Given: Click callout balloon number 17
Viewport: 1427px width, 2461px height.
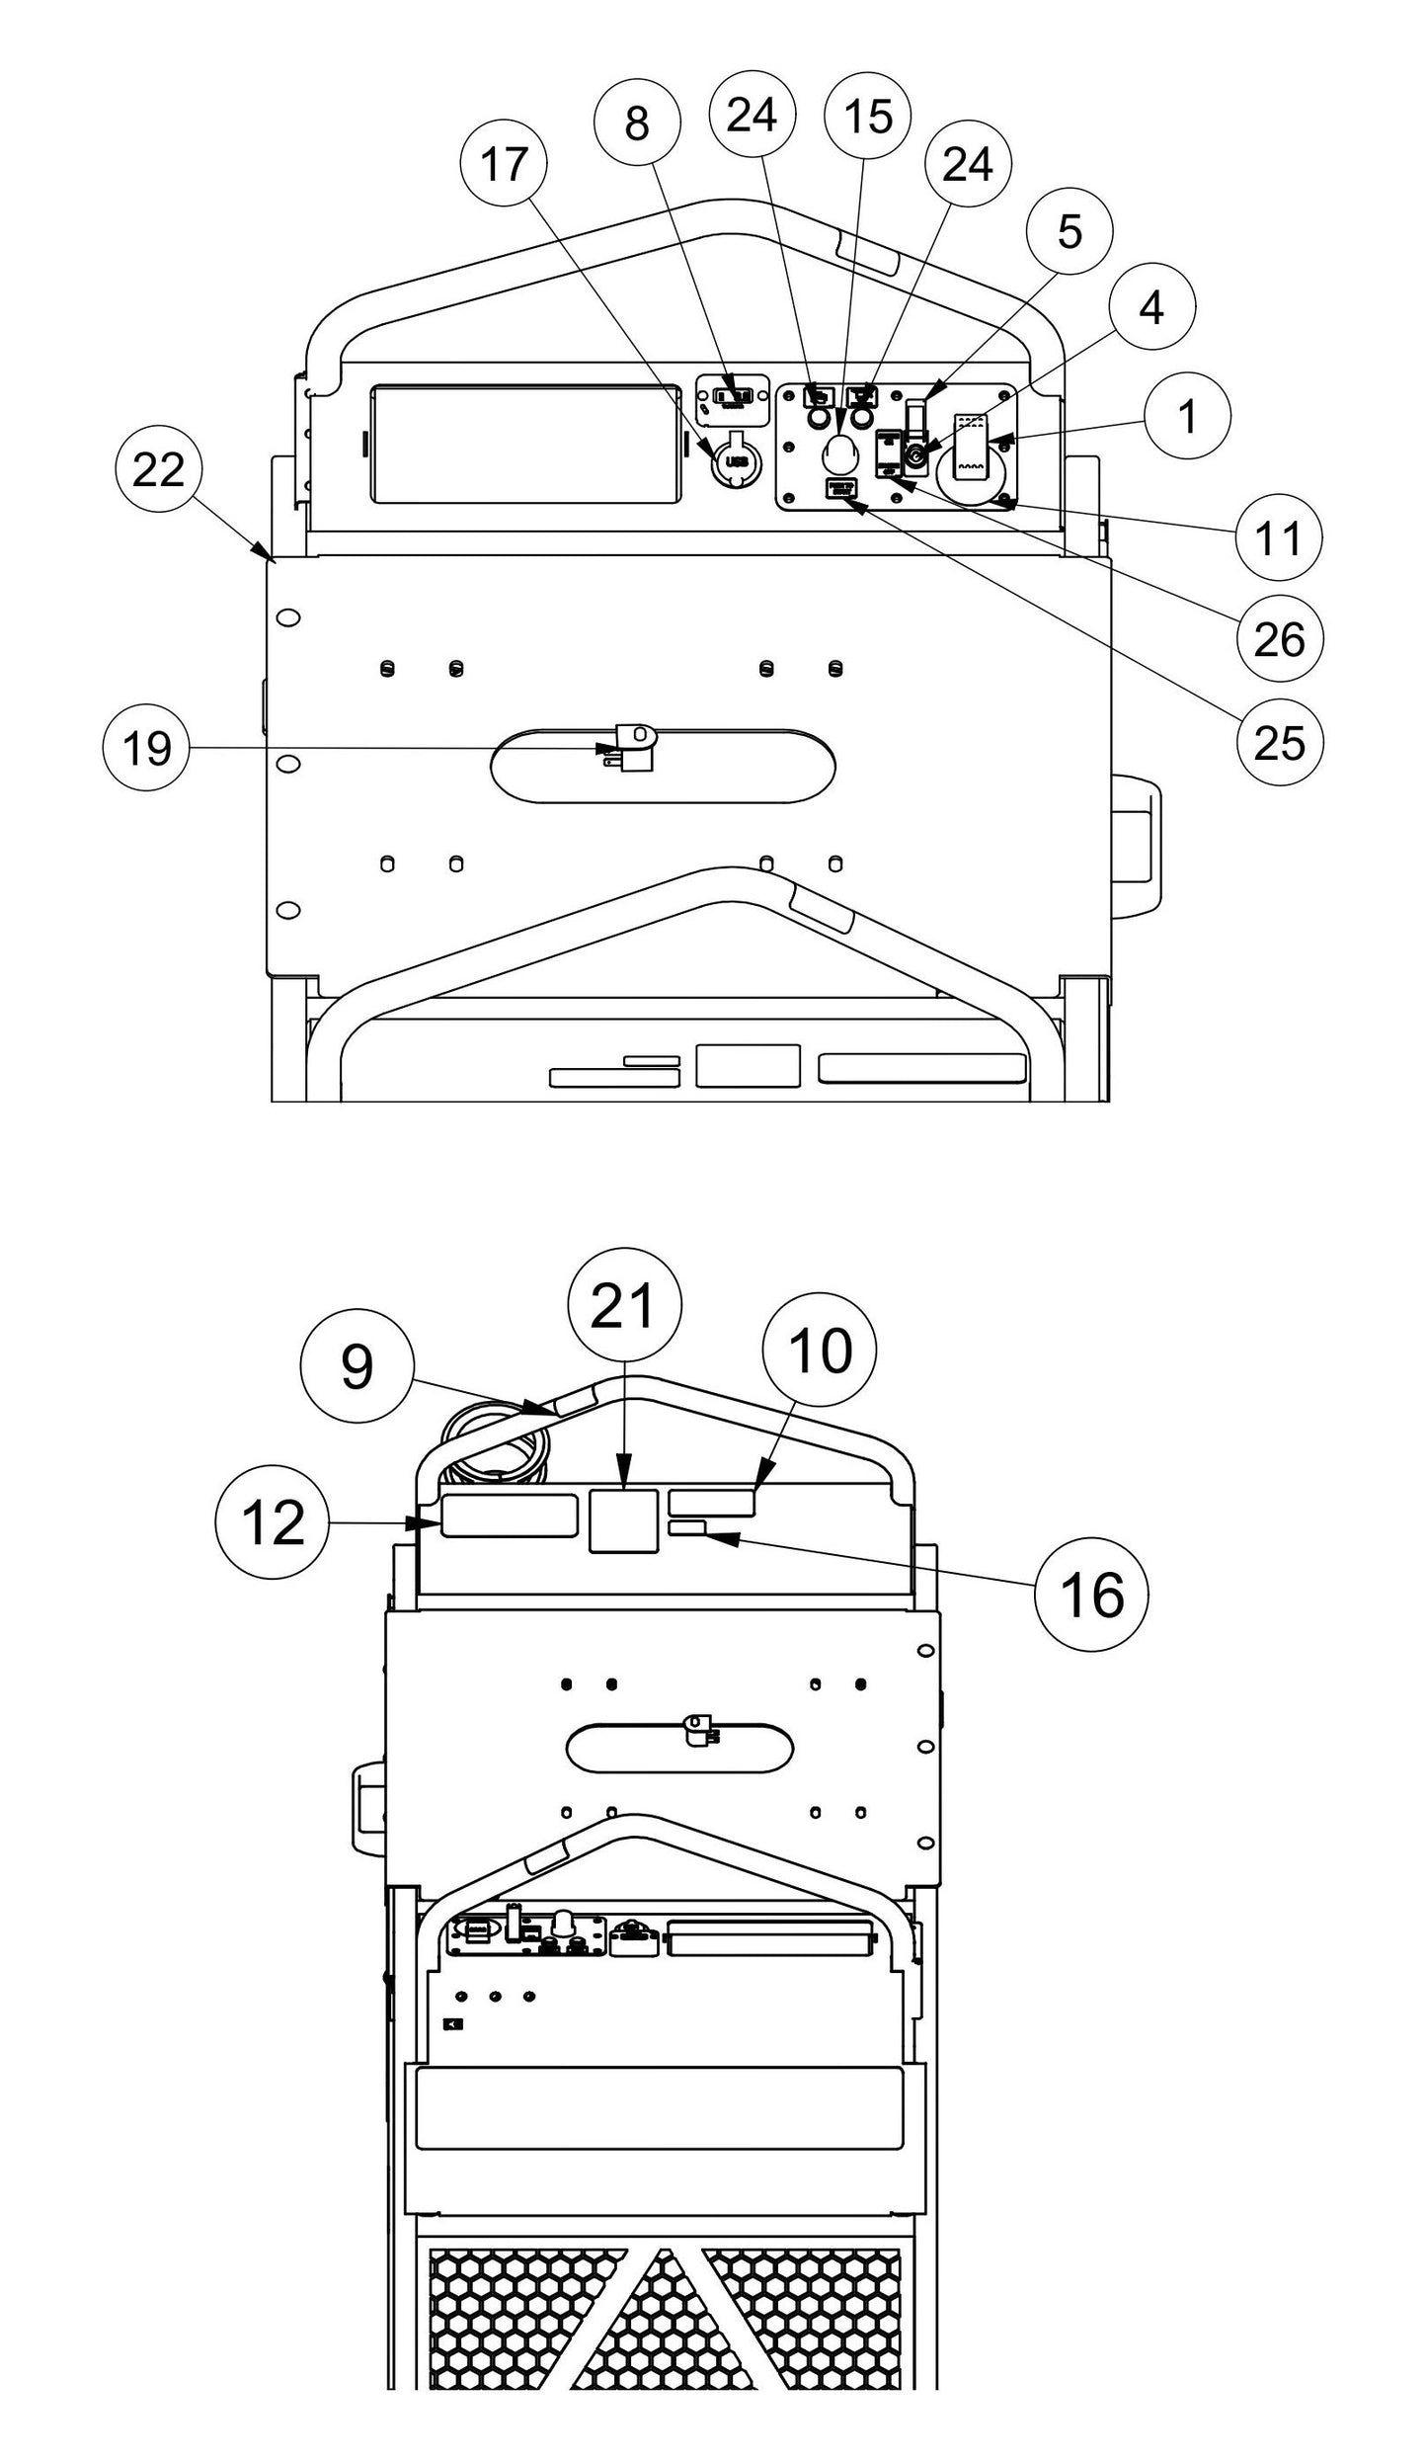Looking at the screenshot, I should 505,164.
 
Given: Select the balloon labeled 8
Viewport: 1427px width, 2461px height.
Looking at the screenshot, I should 637,123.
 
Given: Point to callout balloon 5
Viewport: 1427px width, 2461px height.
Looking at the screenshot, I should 1070,231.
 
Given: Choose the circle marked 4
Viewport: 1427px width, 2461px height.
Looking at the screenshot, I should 1151,308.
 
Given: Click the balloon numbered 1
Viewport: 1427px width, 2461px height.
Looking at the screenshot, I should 1188,416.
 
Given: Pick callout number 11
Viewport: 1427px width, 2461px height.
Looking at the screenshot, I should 1279,539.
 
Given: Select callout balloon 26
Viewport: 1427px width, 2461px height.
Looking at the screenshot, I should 1279,640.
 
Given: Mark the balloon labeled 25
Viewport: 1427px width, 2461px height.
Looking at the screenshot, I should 1279,743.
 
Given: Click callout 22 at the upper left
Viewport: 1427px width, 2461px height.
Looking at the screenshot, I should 158,470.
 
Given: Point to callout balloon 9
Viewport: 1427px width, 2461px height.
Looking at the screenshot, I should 357,1368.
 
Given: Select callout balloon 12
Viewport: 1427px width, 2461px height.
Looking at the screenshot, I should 273,1524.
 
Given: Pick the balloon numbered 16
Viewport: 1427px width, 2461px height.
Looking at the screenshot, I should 1092,1594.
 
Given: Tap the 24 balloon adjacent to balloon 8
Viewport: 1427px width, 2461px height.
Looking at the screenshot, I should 752,116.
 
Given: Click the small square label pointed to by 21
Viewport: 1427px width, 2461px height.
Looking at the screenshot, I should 623,1520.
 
